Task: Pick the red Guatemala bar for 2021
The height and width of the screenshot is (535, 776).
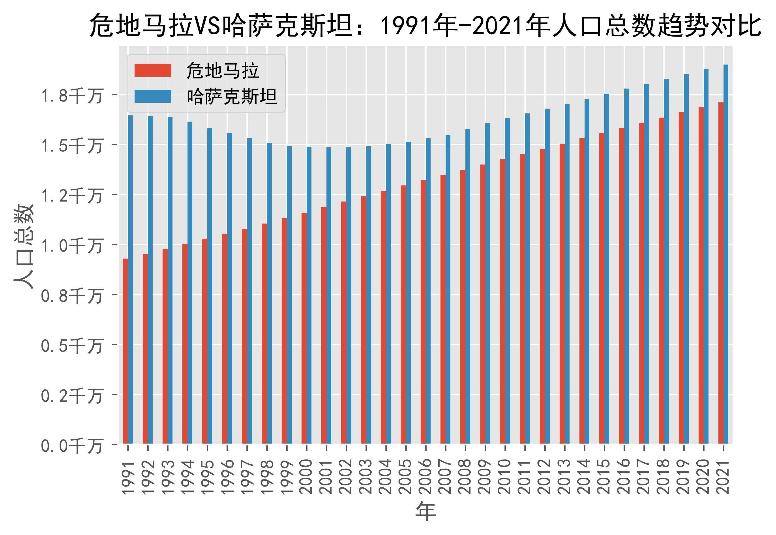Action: [721, 273]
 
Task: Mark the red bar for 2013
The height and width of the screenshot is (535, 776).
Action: [562, 294]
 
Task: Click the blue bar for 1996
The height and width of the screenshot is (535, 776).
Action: [230, 288]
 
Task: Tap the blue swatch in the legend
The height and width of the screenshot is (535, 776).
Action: [153, 96]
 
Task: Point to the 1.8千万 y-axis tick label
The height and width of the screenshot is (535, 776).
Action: [71, 96]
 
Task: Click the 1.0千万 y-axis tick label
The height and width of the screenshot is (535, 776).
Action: [71, 246]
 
